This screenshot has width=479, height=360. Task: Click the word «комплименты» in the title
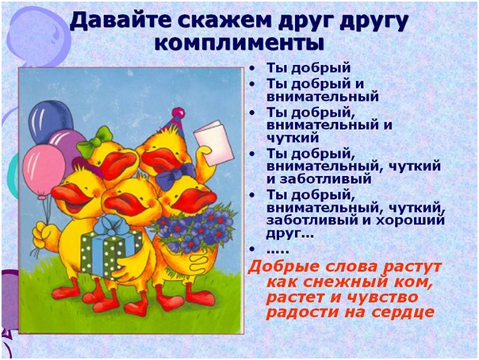point(239,44)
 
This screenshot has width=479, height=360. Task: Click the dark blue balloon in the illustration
point(51,121)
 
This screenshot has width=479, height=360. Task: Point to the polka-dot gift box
point(110,251)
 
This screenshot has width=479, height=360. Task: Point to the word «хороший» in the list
point(410,220)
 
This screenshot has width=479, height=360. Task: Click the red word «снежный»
point(339,281)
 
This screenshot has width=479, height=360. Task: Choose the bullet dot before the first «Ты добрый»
point(251,68)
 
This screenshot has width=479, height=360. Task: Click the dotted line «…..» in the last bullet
point(278,251)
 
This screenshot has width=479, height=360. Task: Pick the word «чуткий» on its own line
point(293,138)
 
